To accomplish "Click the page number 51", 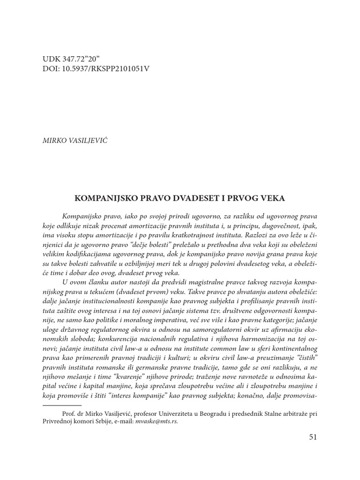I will pos(313,437).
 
